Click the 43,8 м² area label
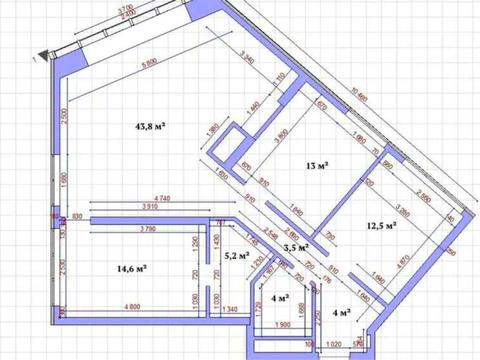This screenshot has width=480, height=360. point(150,127)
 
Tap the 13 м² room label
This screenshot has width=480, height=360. point(319,166)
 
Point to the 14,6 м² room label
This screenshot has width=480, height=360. point(133,267)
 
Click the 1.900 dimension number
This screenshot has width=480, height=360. point(283,326)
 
